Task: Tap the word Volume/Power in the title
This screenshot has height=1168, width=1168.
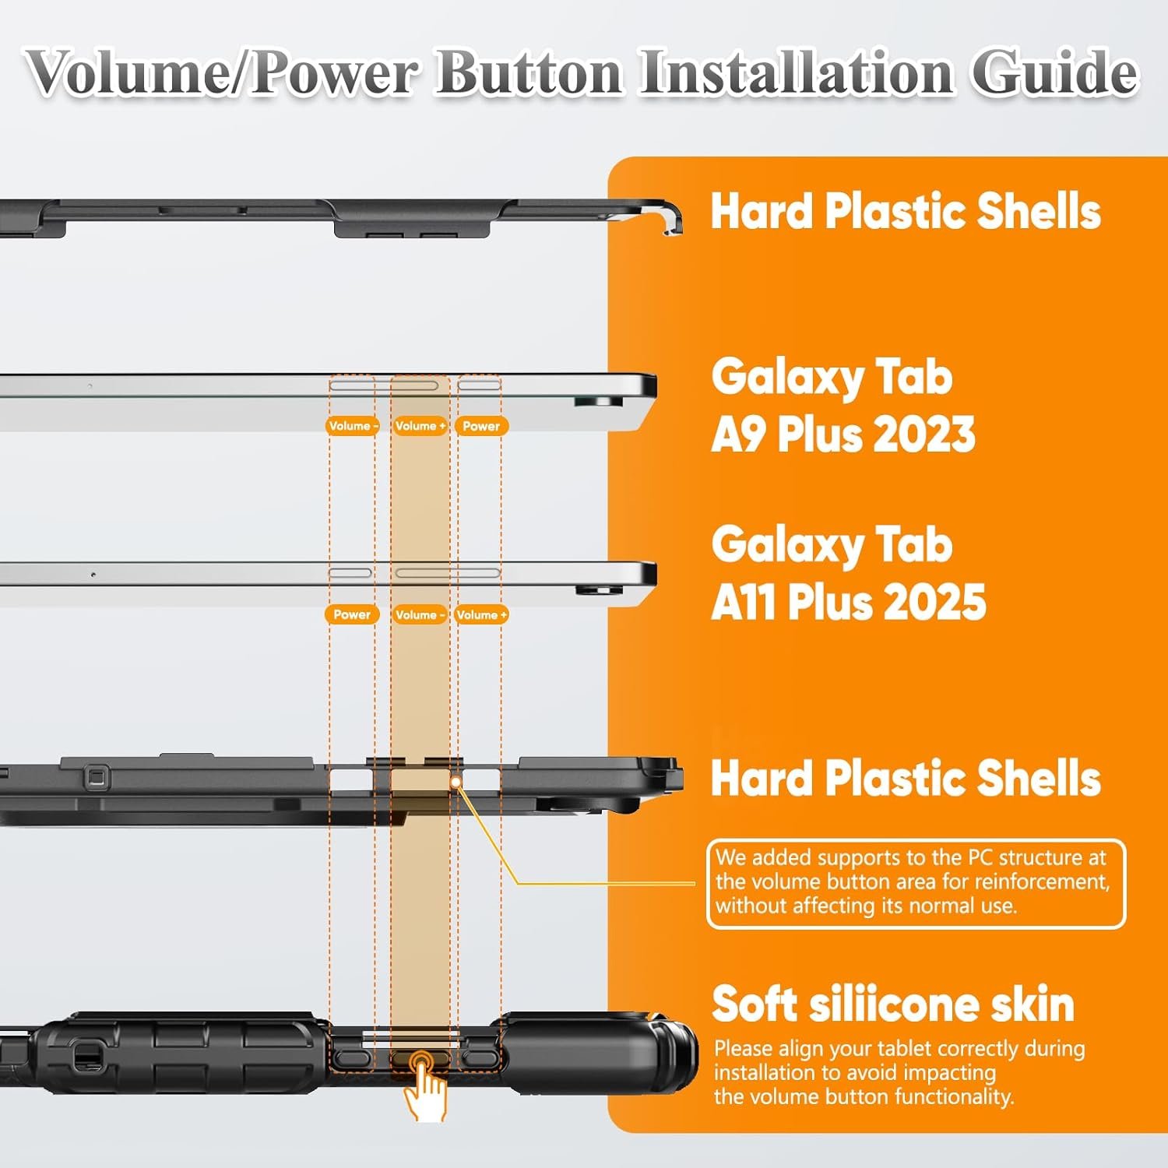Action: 223,73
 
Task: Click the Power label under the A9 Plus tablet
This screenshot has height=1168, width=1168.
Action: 481,426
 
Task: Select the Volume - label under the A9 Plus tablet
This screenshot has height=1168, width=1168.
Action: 353,426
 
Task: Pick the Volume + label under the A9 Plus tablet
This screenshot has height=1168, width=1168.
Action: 420,426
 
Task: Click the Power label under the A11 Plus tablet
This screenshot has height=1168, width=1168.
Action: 352,614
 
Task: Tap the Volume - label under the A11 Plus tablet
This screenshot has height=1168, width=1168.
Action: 420,615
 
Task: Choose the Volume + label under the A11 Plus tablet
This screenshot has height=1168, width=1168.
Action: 482,615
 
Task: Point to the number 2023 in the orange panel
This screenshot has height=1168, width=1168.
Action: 924,434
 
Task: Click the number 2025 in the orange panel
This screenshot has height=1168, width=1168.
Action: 935,602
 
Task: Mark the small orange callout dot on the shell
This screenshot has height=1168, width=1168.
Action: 456,781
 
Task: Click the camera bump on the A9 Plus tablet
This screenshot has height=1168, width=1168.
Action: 599,401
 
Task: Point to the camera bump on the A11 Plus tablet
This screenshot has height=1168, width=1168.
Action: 599,589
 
